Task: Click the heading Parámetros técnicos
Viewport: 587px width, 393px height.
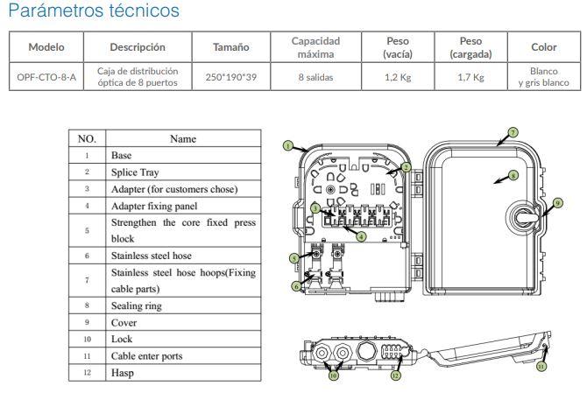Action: coord(94,11)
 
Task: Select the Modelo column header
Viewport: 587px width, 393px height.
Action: coord(46,47)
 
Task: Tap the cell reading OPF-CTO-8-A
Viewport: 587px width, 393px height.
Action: coord(46,77)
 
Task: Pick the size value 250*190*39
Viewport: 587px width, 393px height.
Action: coord(231,77)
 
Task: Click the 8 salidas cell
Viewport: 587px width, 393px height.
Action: coord(315,77)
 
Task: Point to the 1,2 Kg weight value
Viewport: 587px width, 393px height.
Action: coord(398,77)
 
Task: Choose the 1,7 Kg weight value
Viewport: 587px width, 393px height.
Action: coord(470,77)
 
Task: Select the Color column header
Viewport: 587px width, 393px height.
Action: coord(543,47)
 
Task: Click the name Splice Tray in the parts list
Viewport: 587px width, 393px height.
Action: coord(135,172)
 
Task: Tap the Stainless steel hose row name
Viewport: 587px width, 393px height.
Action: coord(152,256)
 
